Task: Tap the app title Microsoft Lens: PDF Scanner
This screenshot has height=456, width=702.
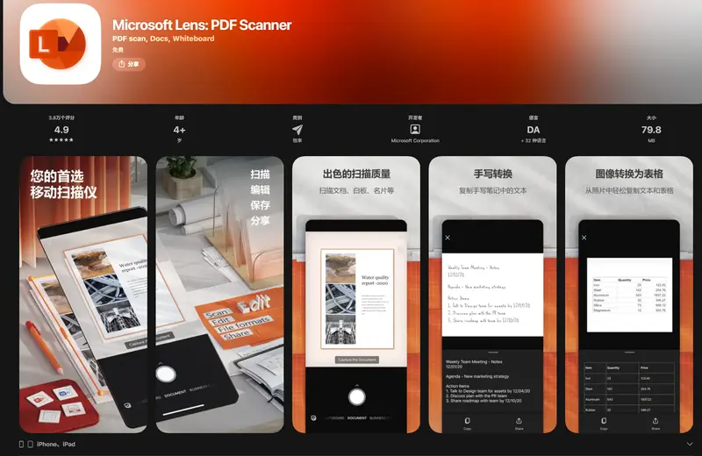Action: (x=202, y=25)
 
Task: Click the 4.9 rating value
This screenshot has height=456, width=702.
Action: (x=61, y=130)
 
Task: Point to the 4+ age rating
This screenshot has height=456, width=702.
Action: (x=179, y=130)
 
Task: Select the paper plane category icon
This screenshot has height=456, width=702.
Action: (x=297, y=130)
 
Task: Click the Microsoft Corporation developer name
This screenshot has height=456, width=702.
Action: (x=415, y=140)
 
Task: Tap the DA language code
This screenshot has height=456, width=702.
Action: (x=534, y=130)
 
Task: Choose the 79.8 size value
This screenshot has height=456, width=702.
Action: (x=651, y=130)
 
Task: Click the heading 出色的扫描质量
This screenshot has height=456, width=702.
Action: (x=356, y=174)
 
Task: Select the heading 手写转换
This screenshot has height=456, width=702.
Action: (x=493, y=174)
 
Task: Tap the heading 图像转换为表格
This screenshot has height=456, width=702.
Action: (x=629, y=174)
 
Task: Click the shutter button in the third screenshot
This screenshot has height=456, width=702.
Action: (x=356, y=396)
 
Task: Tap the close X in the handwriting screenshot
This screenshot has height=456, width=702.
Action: (x=448, y=238)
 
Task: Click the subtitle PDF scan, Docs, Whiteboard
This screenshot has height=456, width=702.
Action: (x=163, y=39)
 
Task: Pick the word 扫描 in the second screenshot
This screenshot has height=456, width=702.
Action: (x=260, y=175)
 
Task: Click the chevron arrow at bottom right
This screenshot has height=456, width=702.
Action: (x=689, y=445)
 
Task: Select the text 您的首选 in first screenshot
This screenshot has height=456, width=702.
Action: (x=55, y=175)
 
